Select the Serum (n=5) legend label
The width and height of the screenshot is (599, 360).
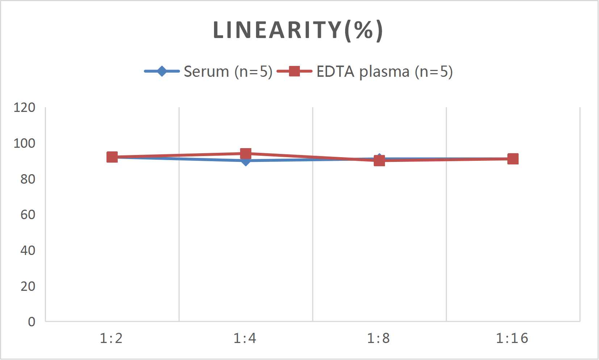point(228,71)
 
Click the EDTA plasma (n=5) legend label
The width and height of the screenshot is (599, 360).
point(384,71)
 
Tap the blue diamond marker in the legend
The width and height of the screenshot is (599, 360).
point(162,71)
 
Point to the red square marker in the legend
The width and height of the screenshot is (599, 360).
point(294,71)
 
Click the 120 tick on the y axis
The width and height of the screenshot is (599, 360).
point(24,108)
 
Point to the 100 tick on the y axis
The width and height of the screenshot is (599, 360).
point(24,143)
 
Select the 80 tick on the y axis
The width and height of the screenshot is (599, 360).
point(28,179)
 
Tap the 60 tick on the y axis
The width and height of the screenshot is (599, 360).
point(28,215)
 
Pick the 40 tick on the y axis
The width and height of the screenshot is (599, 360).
point(28,250)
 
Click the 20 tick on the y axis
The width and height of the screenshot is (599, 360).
point(28,286)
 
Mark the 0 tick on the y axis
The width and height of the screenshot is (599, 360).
point(32,322)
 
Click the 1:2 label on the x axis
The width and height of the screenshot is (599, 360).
point(111,338)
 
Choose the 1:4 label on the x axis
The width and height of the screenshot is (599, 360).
point(245,338)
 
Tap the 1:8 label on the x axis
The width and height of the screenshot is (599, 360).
point(378,338)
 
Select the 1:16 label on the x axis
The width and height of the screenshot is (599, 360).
point(512,338)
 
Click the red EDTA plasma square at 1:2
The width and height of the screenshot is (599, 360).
point(112,157)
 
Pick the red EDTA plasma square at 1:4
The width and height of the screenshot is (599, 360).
point(246,154)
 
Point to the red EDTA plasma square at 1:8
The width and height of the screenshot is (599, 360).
point(379,160)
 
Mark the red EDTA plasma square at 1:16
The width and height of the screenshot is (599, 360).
point(513,159)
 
